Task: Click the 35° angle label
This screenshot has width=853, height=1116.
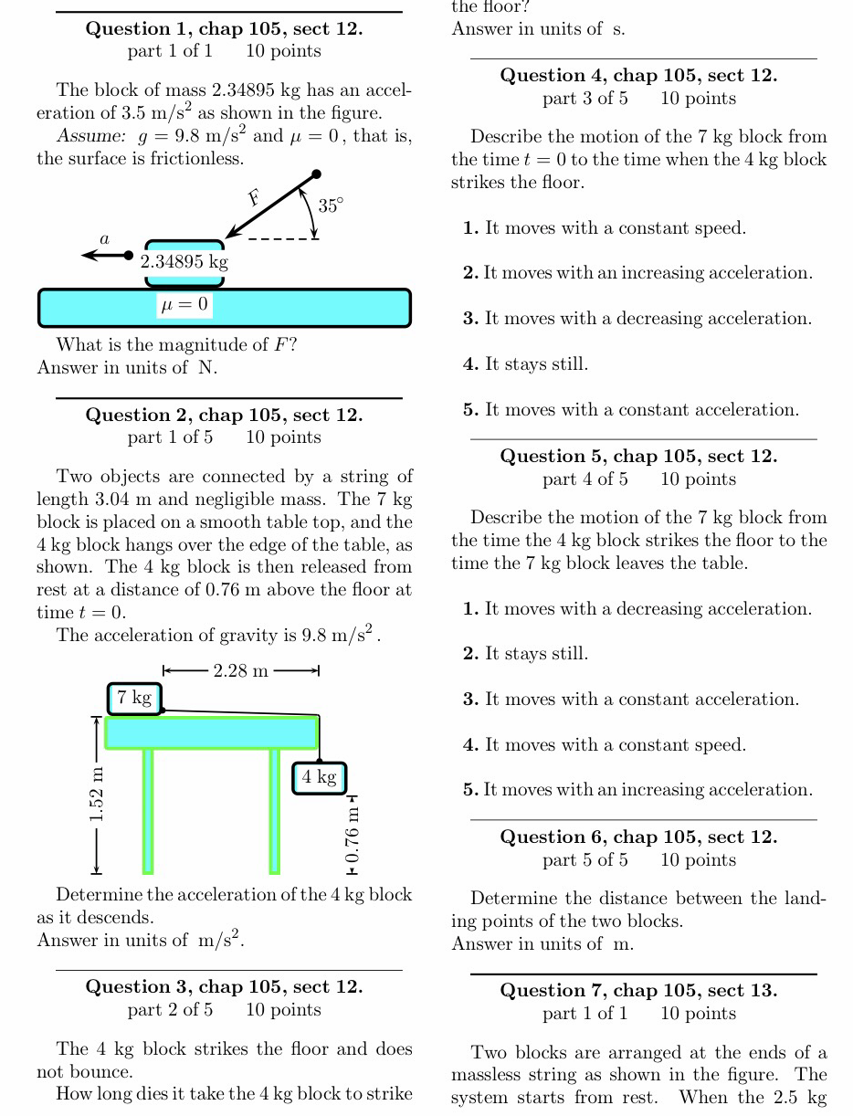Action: coord(332,205)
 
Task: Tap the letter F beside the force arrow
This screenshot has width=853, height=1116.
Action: coord(254,197)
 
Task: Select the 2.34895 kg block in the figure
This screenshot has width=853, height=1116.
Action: coord(184,262)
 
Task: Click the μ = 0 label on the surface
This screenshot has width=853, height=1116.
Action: coord(184,304)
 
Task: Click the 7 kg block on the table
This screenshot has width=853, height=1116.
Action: coord(134,699)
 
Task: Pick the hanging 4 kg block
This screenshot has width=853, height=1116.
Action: coord(320,777)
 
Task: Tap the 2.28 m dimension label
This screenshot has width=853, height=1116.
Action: coord(240,671)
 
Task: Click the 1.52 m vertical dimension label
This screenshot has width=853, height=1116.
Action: coord(96,793)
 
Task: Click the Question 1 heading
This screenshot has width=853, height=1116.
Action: coord(224,28)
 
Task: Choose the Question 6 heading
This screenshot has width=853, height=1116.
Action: coord(638,837)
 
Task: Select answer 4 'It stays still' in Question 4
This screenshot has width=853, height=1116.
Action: coord(526,364)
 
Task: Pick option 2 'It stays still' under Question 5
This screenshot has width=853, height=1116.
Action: coord(526,654)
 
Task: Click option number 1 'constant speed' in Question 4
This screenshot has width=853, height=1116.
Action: coord(605,228)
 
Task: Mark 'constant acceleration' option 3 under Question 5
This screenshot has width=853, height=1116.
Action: coord(631,700)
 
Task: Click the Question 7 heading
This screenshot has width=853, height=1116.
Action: coord(638,990)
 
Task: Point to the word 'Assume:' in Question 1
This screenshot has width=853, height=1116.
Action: coord(90,137)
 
